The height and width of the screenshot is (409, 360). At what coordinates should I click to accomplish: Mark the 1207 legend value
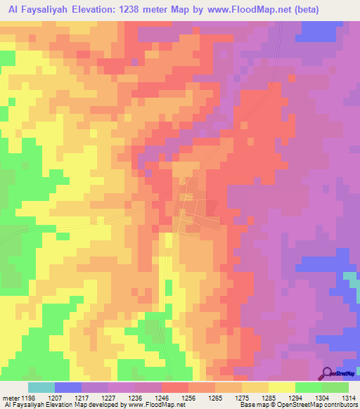tap(67, 397)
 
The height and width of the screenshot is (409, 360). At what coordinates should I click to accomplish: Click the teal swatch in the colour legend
tap(41, 387)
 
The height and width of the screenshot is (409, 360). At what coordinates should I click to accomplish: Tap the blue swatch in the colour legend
tap(68, 387)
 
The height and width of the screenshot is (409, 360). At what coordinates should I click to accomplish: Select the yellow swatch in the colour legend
tap(282, 387)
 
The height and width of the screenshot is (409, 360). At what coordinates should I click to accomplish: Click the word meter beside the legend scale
tap(10, 397)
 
